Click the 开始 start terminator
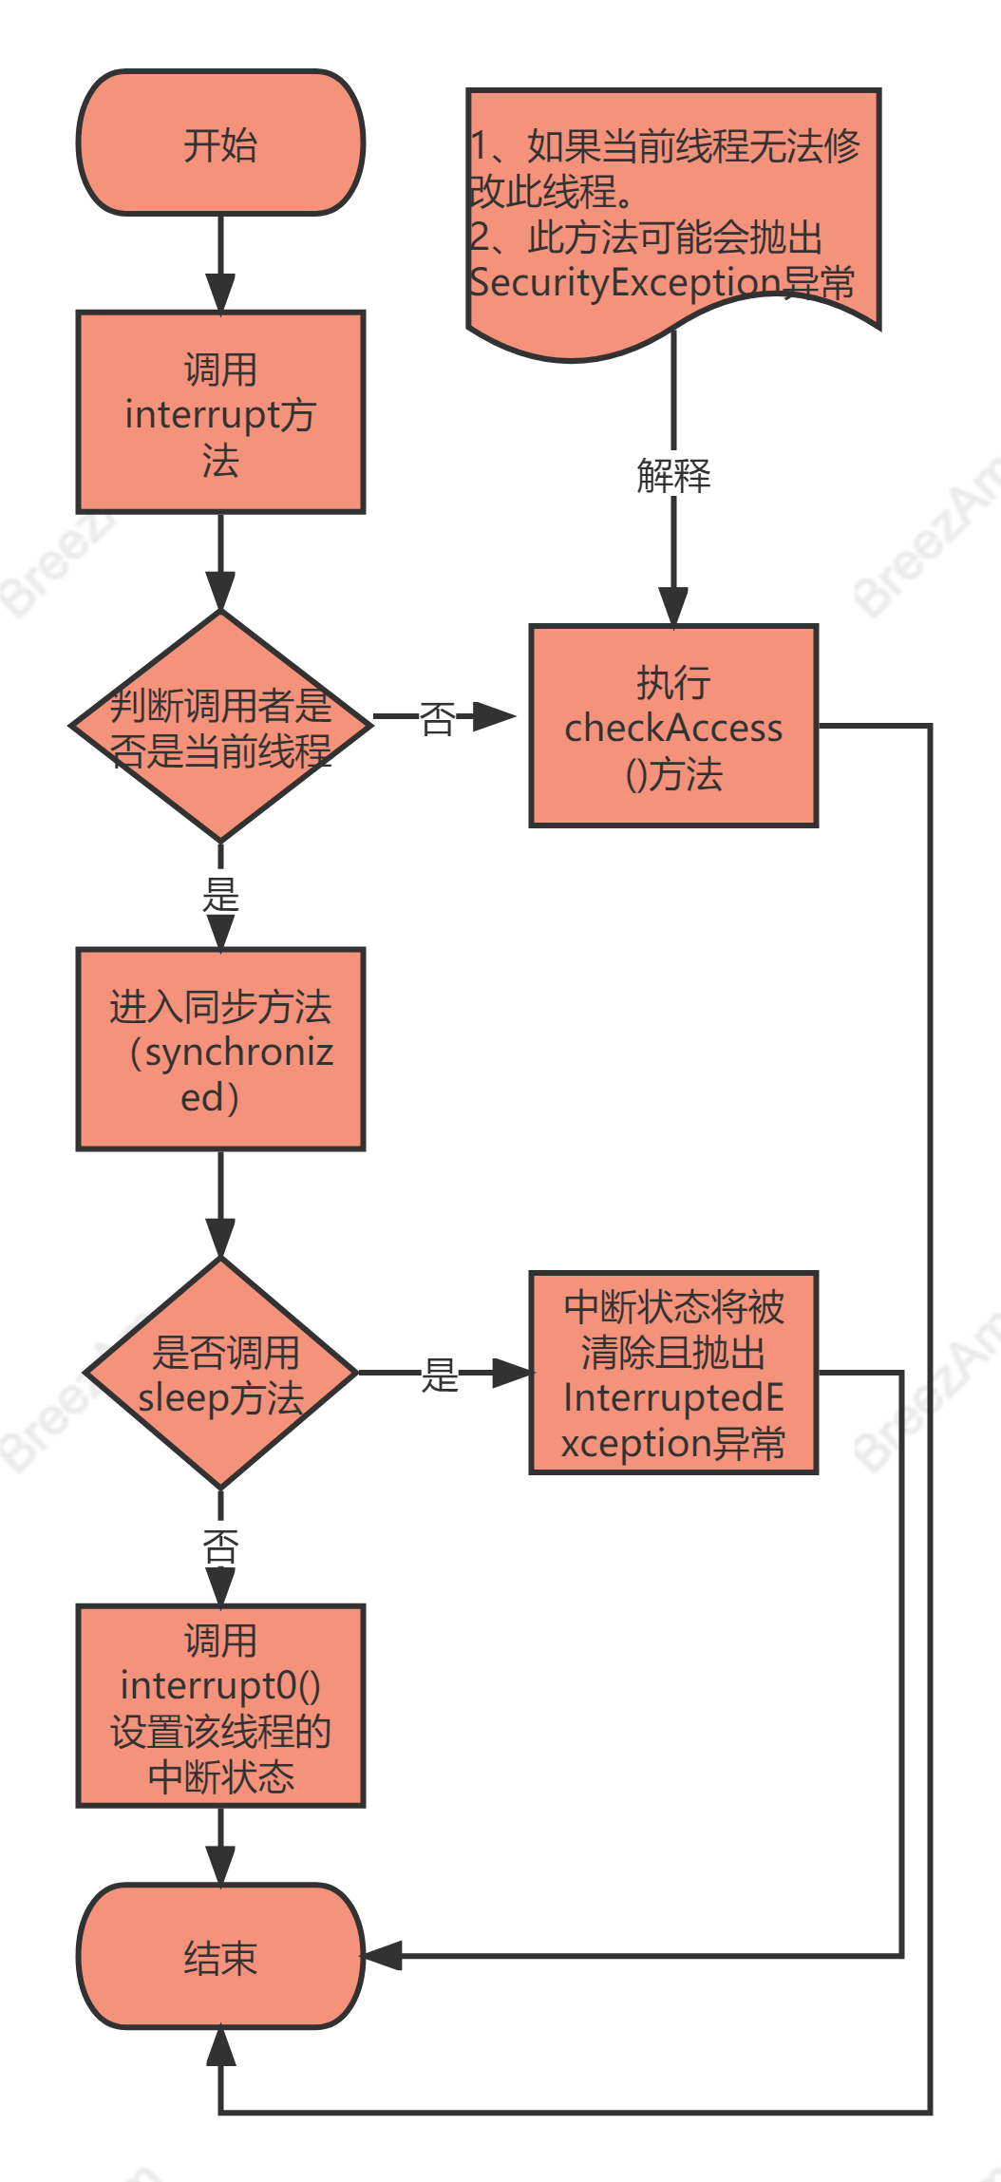pyautogui.click(x=220, y=143)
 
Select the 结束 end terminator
pyautogui.click(x=220, y=1957)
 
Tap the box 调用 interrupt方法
pyautogui.click(x=220, y=412)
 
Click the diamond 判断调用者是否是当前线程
pyautogui.click(x=220, y=726)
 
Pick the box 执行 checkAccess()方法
pyautogui.click(x=673, y=726)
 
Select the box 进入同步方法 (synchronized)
pyautogui.click(x=220, y=1050)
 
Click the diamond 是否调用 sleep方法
pyautogui.click(x=220, y=1373)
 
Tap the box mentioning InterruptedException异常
pyautogui.click(x=673, y=1373)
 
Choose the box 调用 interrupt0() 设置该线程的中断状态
pyautogui.click(x=220, y=1706)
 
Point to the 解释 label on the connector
pyautogui.click(x=673, y=475)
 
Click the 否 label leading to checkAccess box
pyautogui.click(x=438, y=718)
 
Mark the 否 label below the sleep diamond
pyautogui.click(x=220, y=1546)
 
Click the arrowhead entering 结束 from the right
pyautogui.click(x=383, y=1956)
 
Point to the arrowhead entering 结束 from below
pyautogui.click(x=220, y=2047)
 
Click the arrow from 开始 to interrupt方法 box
pyautogui.click(x=220, y=261)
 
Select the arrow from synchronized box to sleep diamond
pyautogui.click(x=220, y=1202)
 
